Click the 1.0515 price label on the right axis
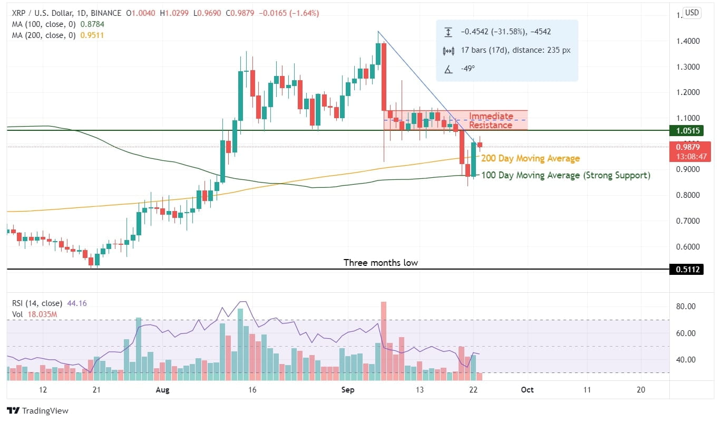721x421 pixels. point(688,130)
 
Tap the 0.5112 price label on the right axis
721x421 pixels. point(688,270)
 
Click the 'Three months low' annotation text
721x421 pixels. point(381,262)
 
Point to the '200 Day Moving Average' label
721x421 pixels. point(530,158)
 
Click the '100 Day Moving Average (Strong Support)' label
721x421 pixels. point(566,175)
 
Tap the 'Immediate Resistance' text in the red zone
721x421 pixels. point(491,121)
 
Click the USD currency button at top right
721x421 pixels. point(691,13)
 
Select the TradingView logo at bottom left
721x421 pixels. point(38,410)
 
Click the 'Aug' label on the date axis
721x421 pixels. point(163,389)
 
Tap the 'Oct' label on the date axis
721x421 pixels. point(527,389)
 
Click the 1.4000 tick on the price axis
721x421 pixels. point(688,41)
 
